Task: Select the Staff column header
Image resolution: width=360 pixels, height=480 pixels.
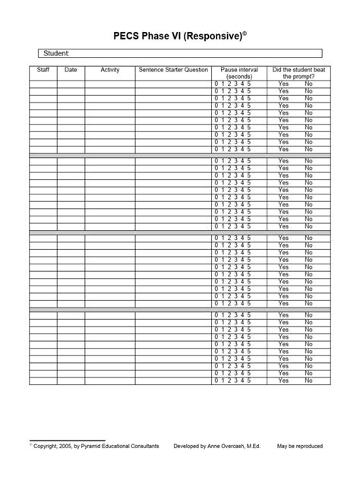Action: (44, 69)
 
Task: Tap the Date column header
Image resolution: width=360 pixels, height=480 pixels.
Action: (71, 69)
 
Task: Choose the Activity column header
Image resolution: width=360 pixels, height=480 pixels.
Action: (110, 69)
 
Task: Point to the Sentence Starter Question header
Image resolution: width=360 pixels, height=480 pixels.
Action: (173, 69)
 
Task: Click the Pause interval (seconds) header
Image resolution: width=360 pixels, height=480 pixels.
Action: (238, 73)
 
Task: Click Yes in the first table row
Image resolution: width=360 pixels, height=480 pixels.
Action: (283, 84)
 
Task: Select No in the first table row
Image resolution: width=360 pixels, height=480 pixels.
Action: (308, 84)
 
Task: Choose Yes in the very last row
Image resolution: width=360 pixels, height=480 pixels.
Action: (283, 380)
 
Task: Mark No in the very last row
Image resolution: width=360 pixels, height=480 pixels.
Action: (308, 380)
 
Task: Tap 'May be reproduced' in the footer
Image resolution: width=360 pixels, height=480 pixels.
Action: (300, 447)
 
